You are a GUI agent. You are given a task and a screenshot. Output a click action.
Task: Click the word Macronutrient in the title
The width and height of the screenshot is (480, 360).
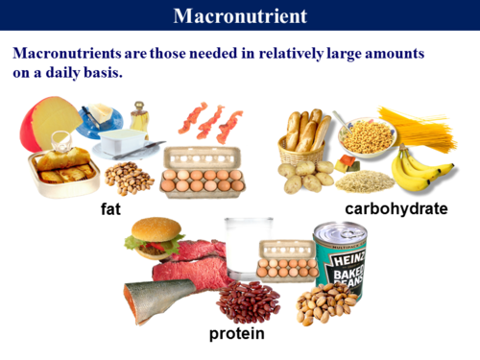point(240,15)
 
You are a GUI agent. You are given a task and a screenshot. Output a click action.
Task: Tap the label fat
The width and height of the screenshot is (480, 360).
point(111,207)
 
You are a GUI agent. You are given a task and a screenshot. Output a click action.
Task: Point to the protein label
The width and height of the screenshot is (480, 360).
point(236,333)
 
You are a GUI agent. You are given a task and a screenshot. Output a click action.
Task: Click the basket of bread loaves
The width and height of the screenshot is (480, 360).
point(305,133)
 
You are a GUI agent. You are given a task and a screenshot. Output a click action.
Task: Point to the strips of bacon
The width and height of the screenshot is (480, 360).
point(208,121)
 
